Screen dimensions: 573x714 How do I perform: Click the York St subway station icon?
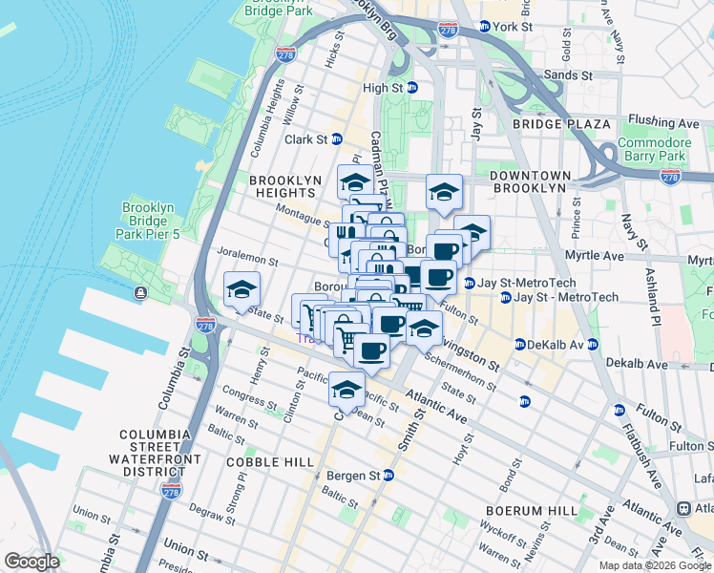coord(485,27)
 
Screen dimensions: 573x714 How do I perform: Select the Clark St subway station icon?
coord(337,139)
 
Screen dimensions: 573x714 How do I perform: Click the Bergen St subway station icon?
coord(388,475)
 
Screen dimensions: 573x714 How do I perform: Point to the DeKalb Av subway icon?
coord(520,344)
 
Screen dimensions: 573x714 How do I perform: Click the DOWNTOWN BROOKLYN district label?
coord(530,182)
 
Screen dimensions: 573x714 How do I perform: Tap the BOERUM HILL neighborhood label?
coord(530,511)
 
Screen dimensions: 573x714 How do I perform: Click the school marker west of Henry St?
coord(242,289)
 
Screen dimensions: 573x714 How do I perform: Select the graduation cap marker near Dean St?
coord(346,390)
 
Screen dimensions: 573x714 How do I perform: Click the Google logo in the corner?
coord(32,562)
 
